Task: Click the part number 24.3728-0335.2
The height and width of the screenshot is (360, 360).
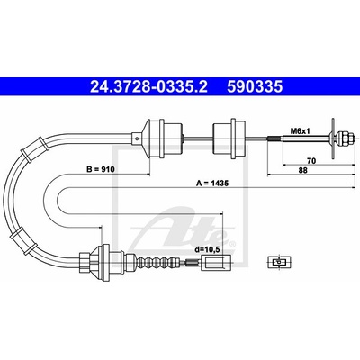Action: (x=148, y=87)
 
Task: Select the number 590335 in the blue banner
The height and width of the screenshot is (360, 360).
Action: (x=255, y=87)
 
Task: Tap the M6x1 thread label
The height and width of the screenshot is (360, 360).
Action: (x=299, y=131)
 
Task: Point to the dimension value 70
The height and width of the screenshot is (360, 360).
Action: (x=311, y=161)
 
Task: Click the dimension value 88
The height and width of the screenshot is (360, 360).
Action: (x=303, y=170)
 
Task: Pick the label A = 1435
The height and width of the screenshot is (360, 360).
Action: (x=212, y=183)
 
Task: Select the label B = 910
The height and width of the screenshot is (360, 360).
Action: (x=100, y=169)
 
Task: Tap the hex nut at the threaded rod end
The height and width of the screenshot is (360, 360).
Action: (x=345, y=138)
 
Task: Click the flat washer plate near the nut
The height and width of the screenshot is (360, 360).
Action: (x=333, y=139)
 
